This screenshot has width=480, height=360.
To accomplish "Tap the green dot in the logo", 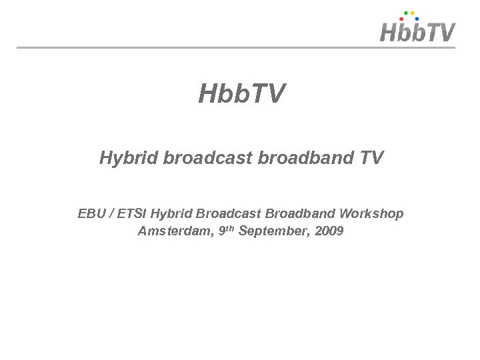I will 407,12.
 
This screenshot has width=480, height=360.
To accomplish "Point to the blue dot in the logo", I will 416,19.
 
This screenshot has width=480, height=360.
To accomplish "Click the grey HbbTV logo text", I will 418,33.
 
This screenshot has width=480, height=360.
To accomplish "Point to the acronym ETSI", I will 135,214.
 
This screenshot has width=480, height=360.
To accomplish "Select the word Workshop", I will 371,214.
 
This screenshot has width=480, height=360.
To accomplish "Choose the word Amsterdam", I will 173,232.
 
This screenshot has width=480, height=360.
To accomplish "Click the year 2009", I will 328,232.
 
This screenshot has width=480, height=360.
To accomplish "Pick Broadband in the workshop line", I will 301,214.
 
